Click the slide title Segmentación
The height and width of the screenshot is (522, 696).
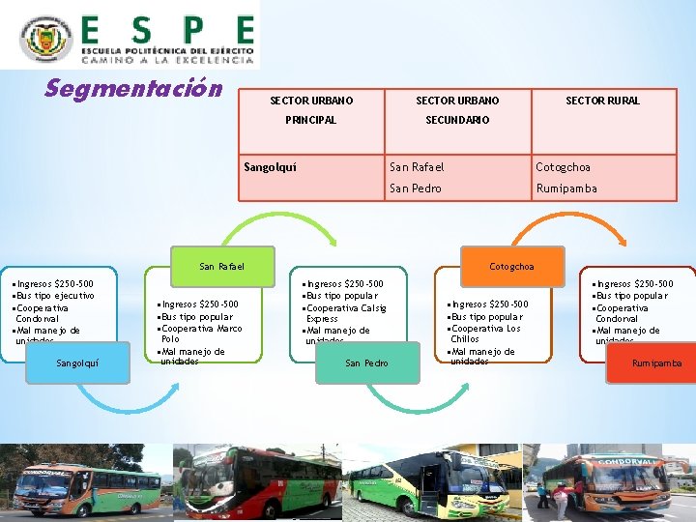(x=133, y=89)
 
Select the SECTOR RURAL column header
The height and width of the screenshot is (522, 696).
(x=602, y=101)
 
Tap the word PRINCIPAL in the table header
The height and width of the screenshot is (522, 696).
(x=310, y=120)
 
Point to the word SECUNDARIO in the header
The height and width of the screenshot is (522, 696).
(x=457, y=120)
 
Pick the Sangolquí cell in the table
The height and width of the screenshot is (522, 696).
(x=270, y=167)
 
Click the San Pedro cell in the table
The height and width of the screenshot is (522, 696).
(x=415, y=188)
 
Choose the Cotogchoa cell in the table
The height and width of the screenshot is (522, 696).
(x=563, y=167)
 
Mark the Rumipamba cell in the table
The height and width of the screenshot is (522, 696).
(x=566, y=188)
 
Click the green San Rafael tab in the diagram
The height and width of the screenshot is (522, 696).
(x=221, y=266)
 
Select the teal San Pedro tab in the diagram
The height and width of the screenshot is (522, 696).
(x=366, y=363)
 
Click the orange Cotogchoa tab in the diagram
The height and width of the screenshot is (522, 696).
(x=511, y=266)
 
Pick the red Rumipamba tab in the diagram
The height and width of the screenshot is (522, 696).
(x=656, y=363)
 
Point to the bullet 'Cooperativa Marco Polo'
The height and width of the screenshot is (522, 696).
(x=201, y=333)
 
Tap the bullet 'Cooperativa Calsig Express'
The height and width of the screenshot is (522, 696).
(x=346, y=312)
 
